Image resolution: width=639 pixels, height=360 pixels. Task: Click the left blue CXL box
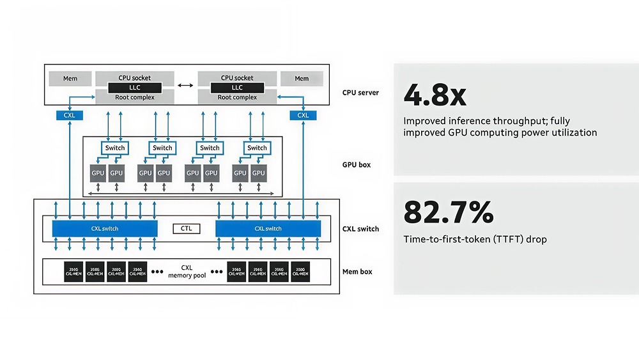(x=70, y=115)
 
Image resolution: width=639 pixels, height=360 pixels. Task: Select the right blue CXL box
(x=303, y=115)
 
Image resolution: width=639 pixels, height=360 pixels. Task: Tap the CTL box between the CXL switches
(x=187, y=228)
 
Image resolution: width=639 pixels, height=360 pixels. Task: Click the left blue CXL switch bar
(x=105, y=228)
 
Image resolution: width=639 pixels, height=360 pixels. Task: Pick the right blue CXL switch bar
(x=268, y=228)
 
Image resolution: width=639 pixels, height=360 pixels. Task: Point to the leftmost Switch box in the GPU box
(x=115, y=148)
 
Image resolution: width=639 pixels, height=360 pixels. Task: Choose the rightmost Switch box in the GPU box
(x=257, y=148)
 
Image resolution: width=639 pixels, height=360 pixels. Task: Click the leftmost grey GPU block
(x=98, y=173)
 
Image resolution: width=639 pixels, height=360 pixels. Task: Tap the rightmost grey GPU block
(x=259, y=173)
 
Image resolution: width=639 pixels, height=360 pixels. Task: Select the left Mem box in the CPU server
(x=70, y=79)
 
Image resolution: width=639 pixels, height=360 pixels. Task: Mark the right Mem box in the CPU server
(x=302, y=79)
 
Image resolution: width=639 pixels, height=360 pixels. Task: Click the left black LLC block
(x=134, y=88)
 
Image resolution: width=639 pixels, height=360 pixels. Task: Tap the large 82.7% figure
(x=448, y=212)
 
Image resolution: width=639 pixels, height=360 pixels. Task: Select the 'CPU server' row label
(x=360, y=93)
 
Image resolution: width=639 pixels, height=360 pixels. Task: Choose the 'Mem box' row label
(x=357, y=272)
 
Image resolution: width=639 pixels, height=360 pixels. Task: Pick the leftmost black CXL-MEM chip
(x=73, y=271)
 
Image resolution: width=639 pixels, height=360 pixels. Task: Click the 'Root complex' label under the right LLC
(x=237, y=97)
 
